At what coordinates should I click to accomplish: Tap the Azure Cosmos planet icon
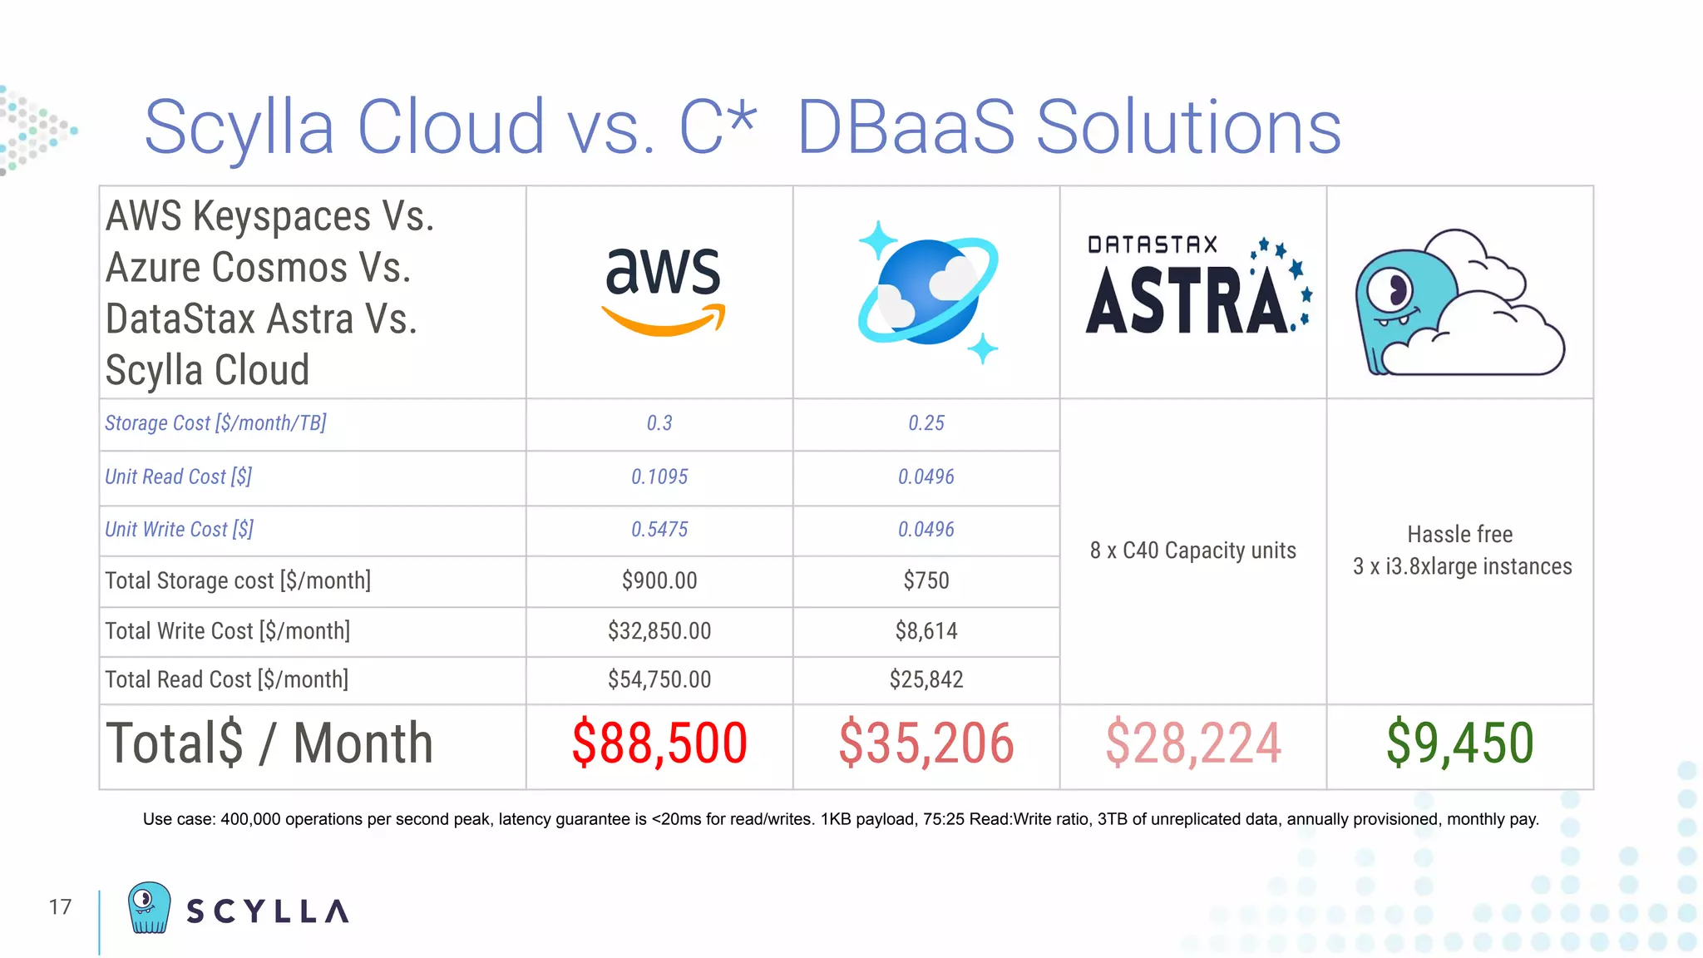pos(927,292)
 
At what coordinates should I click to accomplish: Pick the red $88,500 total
pos(659,743)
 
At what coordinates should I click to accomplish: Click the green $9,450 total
pos(1459,743)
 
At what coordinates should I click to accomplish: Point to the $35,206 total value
pos(926,743)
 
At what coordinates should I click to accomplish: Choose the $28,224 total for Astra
pos(1193,743)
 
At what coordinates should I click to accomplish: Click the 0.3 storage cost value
pos(659,423)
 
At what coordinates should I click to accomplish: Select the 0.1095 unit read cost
pos(659,477)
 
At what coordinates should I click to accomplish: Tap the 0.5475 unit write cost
pos(659,530)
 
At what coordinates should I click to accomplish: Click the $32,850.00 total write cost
pos(659,631)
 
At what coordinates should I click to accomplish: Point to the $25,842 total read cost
pos(926,679)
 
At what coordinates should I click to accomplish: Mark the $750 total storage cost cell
pos(926,580)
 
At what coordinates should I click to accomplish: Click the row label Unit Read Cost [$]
pos(178,477)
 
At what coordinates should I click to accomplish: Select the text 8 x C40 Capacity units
pos(1192,551)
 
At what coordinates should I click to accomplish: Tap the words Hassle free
pos(1459,534)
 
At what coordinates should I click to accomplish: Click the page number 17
pos(60,906)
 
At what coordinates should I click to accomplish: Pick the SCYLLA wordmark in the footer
pos(267,911)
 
